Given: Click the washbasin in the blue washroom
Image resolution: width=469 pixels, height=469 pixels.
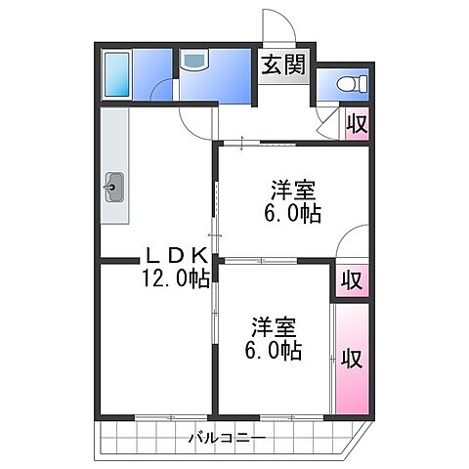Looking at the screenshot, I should tap(193, 63).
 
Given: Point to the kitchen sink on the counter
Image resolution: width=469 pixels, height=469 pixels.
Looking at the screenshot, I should tap(114, 186).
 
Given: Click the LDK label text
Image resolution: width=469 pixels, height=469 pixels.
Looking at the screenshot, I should tap(177, 256).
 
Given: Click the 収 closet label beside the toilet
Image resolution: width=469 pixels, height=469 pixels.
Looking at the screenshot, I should tap(358, 125).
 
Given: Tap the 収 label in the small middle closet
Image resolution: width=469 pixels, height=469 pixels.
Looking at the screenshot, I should tap(351, 279).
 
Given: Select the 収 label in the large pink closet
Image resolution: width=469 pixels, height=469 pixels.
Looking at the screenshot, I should tap(351, 358).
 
